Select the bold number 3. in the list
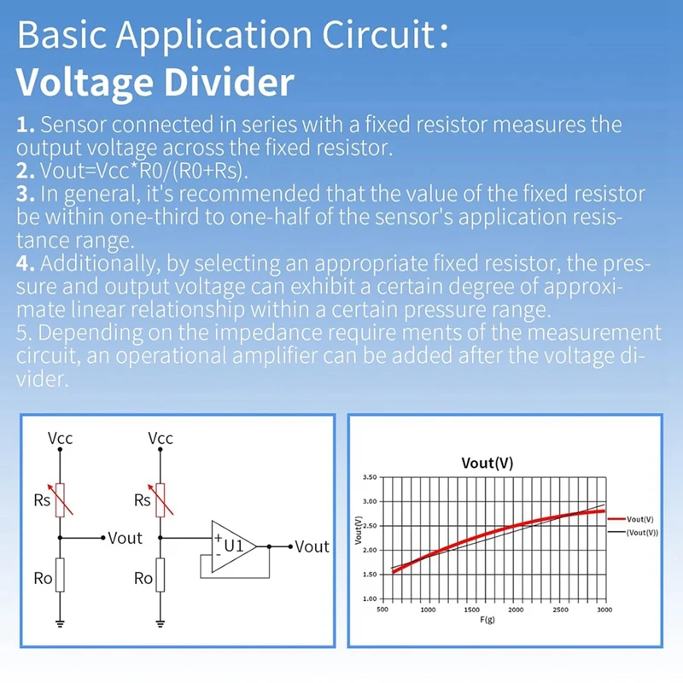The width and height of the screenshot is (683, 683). coord(26,193)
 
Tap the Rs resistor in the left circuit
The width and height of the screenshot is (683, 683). coord(61,499)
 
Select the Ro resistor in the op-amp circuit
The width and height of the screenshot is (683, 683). coord(160,578)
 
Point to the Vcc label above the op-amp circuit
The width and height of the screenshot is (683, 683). coord(160,439)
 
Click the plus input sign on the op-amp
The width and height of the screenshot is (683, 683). coord(219,538)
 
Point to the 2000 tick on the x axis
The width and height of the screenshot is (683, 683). coord(515,610)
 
